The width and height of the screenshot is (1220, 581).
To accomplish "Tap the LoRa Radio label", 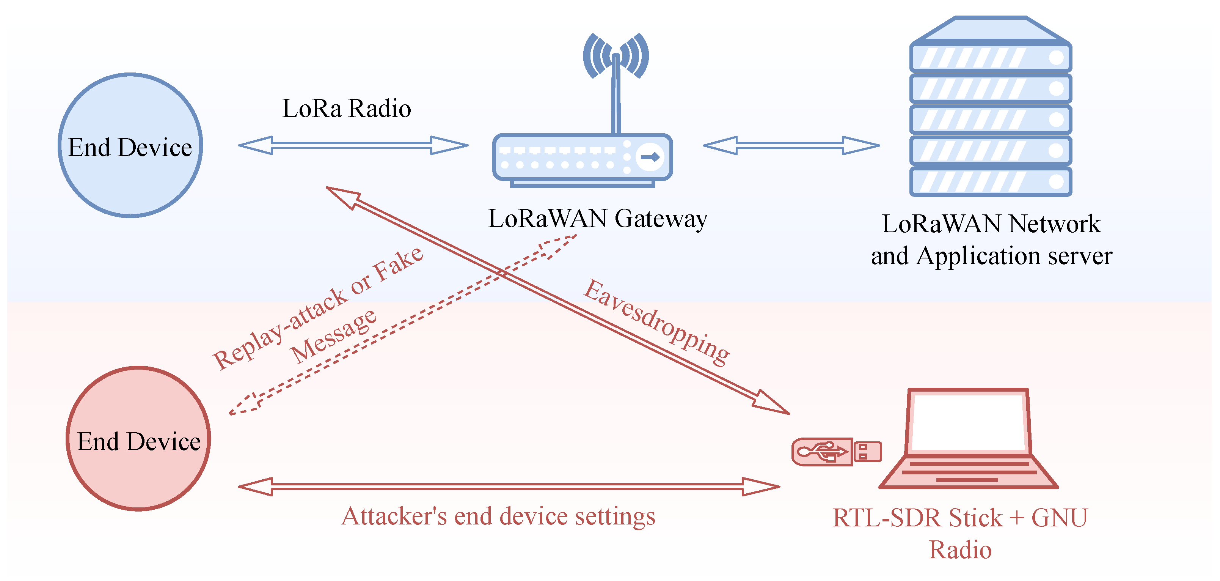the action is click(x=347, y=109).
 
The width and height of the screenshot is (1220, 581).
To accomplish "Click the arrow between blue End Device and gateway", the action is click(x=353, y=145).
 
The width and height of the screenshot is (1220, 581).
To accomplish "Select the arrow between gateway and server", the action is click(x=791, y=145).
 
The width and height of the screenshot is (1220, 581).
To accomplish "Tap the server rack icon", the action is click(x=991, y=106).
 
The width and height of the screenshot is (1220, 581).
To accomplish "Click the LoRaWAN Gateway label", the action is click(x=598, y=219).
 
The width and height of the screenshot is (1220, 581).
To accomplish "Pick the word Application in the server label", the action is click(x=978, y=257).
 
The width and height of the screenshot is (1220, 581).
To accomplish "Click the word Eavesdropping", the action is click(x=656, y=323).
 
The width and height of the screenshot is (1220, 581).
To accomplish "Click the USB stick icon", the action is click(x=836, y=452).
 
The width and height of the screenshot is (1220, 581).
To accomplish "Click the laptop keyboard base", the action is click(x=969, y=472).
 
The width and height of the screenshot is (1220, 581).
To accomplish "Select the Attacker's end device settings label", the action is click(x=498, y=516).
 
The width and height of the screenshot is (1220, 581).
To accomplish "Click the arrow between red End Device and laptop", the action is click(x=509, y=487).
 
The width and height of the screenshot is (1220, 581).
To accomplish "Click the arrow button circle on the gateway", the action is click(x=650, y=157).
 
